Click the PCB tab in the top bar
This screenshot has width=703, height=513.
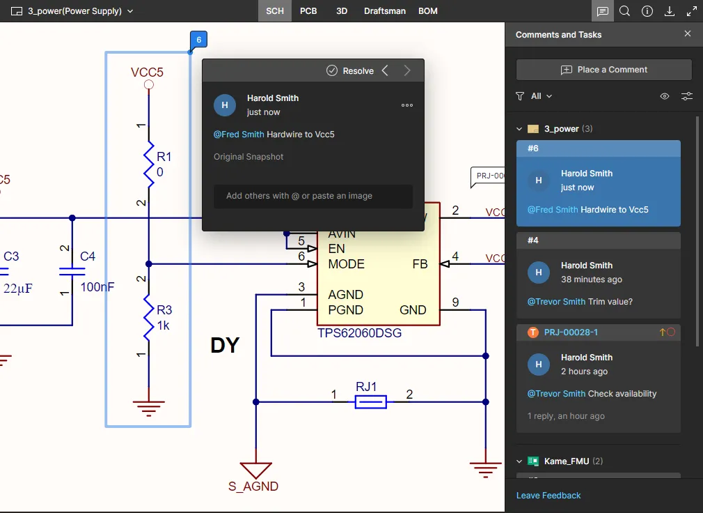(x=308, y=11)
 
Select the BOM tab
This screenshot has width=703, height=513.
(x=428, y=11)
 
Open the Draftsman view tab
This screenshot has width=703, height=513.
(x=385, y=11)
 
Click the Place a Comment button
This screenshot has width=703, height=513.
(x=603, y=70)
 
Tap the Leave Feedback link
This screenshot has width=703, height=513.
(x=548, y=496)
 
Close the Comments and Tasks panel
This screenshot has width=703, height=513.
(x=688, y=34)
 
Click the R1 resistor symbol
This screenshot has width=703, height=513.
(x=148, y=164)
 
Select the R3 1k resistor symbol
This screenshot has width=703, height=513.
(x=148, y=317)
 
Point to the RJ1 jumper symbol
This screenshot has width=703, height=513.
(x=371, y=402)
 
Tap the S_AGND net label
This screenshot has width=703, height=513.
(x=253, y=487)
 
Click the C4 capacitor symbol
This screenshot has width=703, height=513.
(x=68, y=270)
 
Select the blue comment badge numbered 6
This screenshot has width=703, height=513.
(x=198, y=40)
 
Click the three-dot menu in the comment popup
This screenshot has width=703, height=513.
(x=407, y=105)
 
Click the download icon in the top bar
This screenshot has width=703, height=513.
(x=670, y=11)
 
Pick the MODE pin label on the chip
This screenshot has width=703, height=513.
(x=346, y=264)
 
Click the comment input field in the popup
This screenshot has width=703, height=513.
(x=313, y=196)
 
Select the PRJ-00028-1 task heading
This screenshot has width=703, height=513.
(x=571, y=332)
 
